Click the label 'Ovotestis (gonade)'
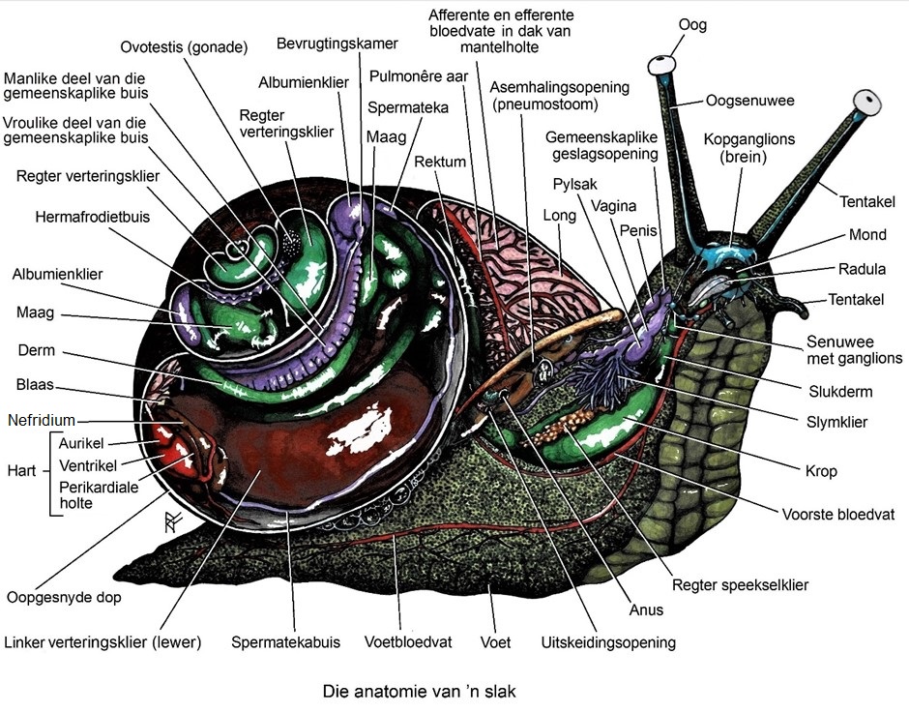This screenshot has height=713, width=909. [x=184, y=47]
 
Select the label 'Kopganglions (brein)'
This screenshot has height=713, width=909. [x=748, y=148]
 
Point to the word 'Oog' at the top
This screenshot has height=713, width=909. [x=692, y=23]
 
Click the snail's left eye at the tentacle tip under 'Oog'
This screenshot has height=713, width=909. [x=662, y=65]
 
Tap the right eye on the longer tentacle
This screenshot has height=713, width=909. [x=867, y=101]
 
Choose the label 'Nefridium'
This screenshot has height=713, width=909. [x=41, y=421]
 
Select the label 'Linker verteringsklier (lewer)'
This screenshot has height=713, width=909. [x=102, y=641]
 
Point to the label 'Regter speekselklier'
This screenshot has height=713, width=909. [x=741, y=584]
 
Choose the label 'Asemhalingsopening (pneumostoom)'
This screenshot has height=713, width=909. [x=559, y=95]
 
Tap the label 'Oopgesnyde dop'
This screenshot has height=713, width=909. [x=64, y=597]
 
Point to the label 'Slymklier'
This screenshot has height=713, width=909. [x=837, y=422]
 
